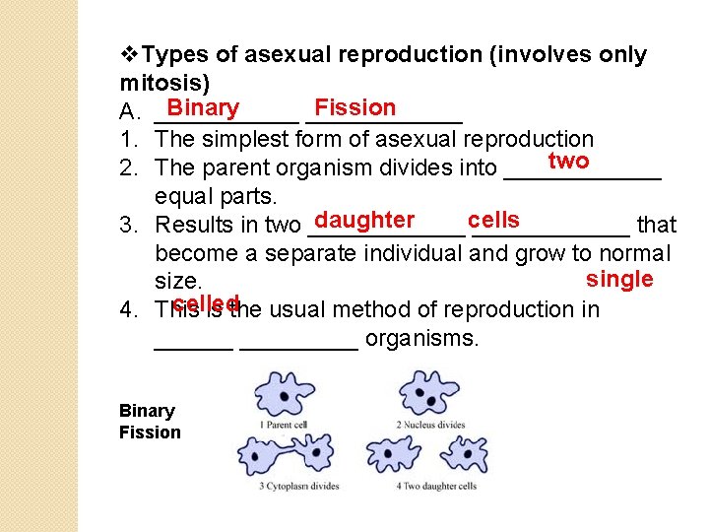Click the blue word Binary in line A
click(203, 108)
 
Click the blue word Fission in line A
click(354, 107)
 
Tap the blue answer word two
click(568, 162)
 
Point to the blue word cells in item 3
click(493, 220)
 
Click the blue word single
click(619, 279)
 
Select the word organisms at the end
click(421, 340)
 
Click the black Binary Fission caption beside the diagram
click(150, 422)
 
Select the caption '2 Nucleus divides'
click(431, 425)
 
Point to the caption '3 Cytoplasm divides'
click(298, 486)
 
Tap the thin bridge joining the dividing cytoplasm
click(299, 455)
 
